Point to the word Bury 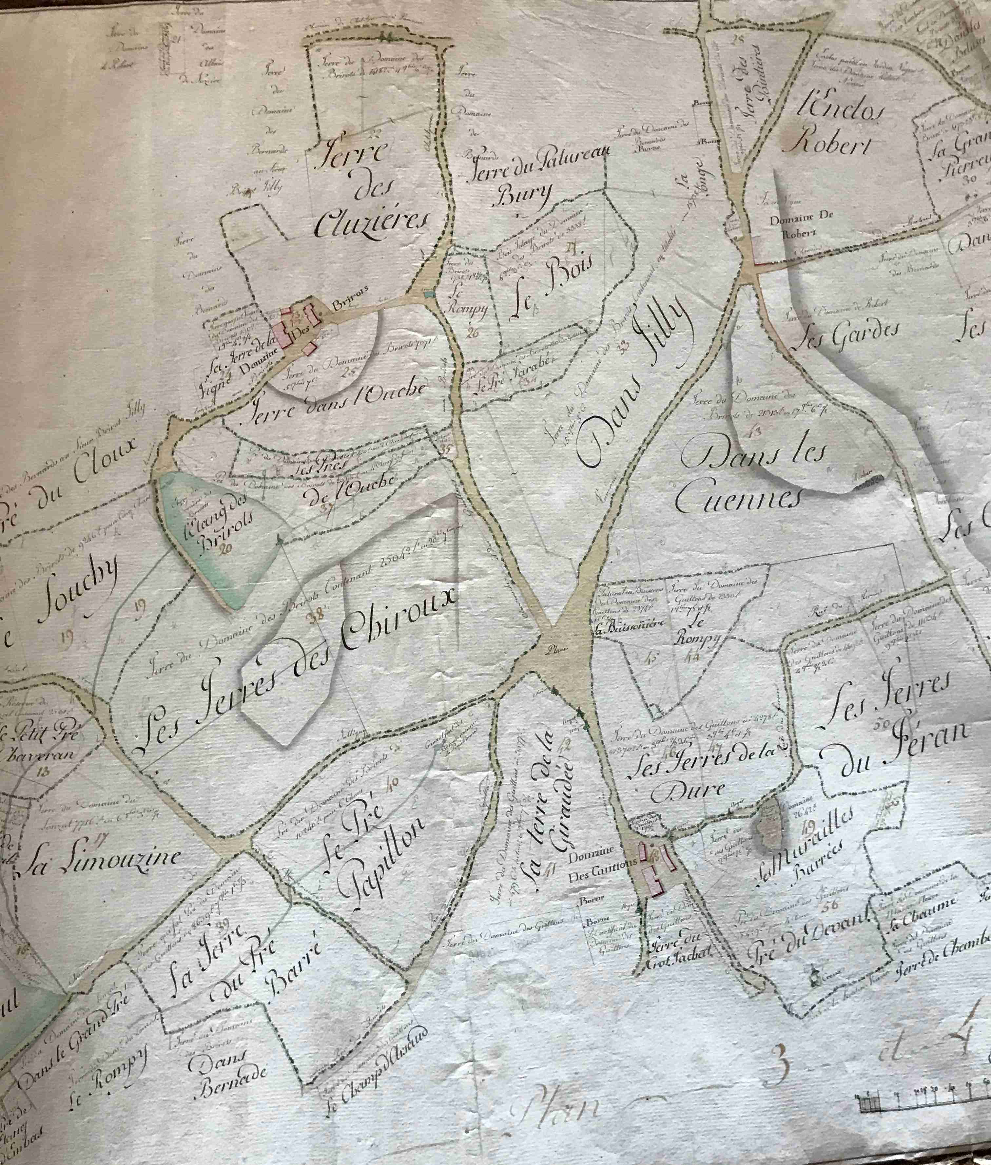pyautogui.click(x=522, y=197)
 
